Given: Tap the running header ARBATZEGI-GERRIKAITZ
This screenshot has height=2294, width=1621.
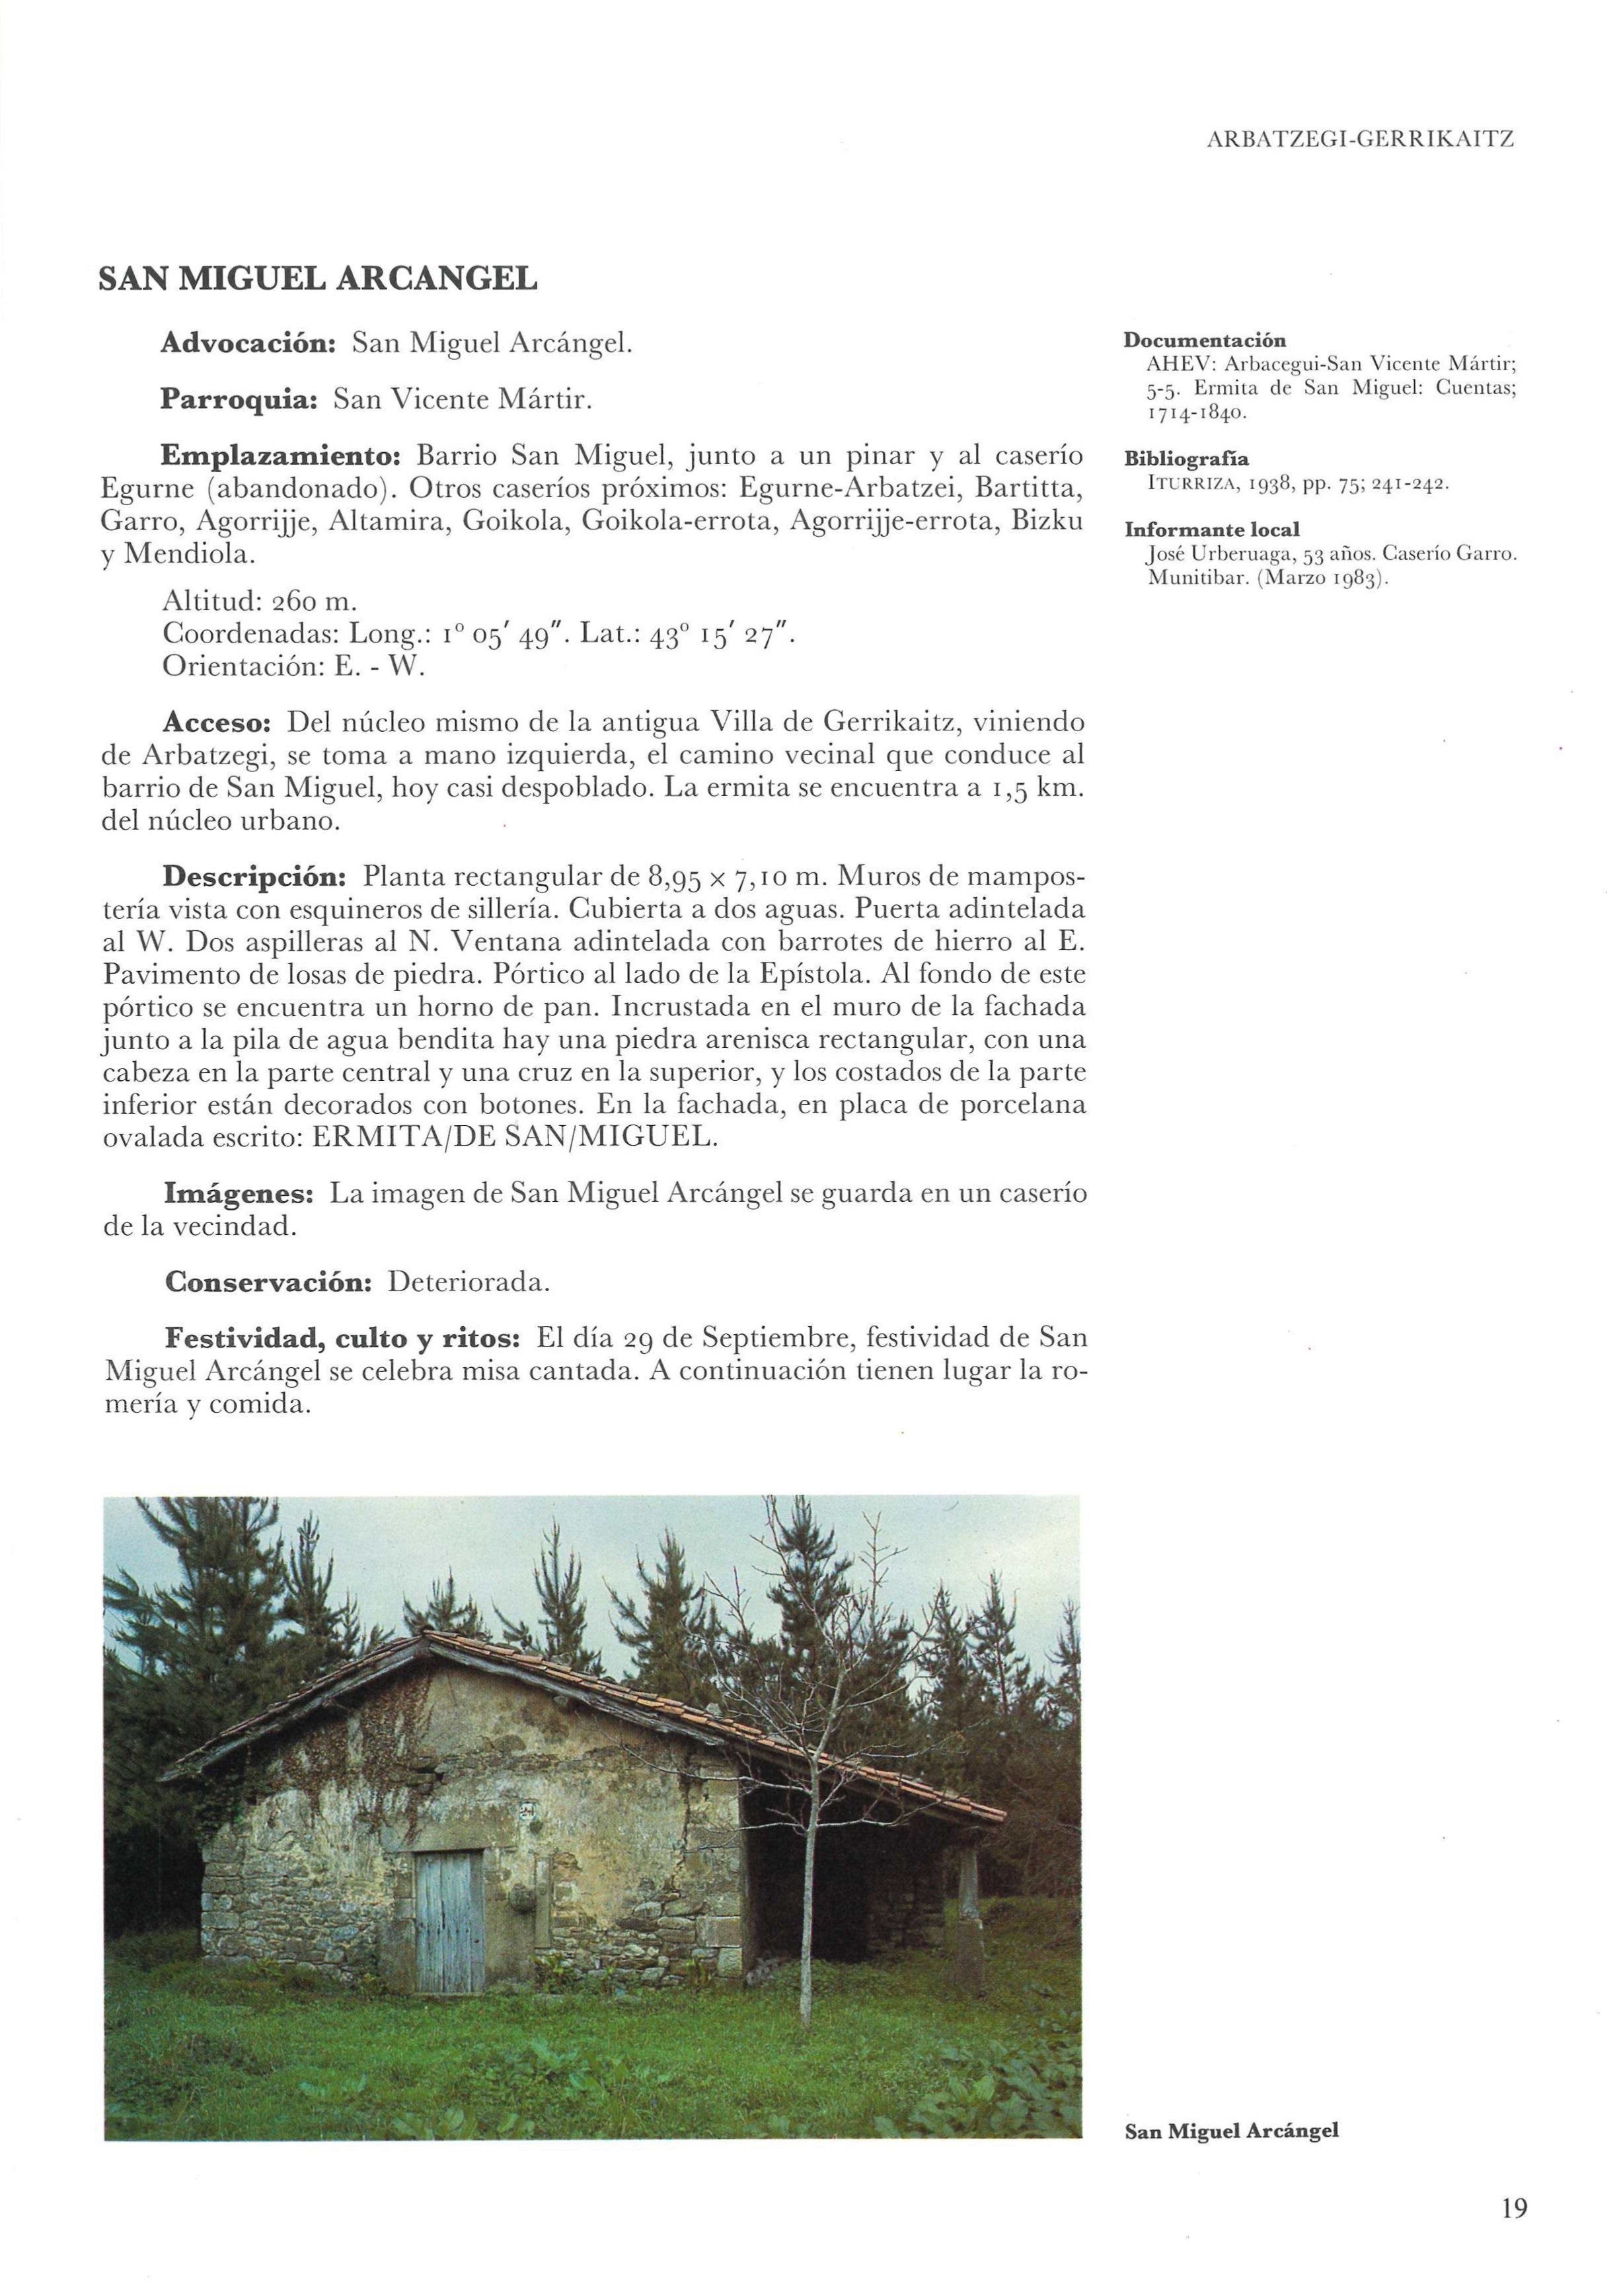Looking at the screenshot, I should [1361, 141].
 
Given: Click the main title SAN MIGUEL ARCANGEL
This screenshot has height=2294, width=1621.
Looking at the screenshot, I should [318, 279].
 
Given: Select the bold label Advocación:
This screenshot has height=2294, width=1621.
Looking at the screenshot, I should [248, 344].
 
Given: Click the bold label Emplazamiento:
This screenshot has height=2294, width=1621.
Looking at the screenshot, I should [281, 457].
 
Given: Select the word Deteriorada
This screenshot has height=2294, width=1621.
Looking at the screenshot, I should [469, 1282].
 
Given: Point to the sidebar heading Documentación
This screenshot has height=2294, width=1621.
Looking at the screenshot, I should [1205, 340].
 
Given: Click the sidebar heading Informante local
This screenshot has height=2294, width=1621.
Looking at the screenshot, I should [1211, 531].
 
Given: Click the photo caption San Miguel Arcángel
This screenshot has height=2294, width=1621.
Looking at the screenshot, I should [1230, 2131].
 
